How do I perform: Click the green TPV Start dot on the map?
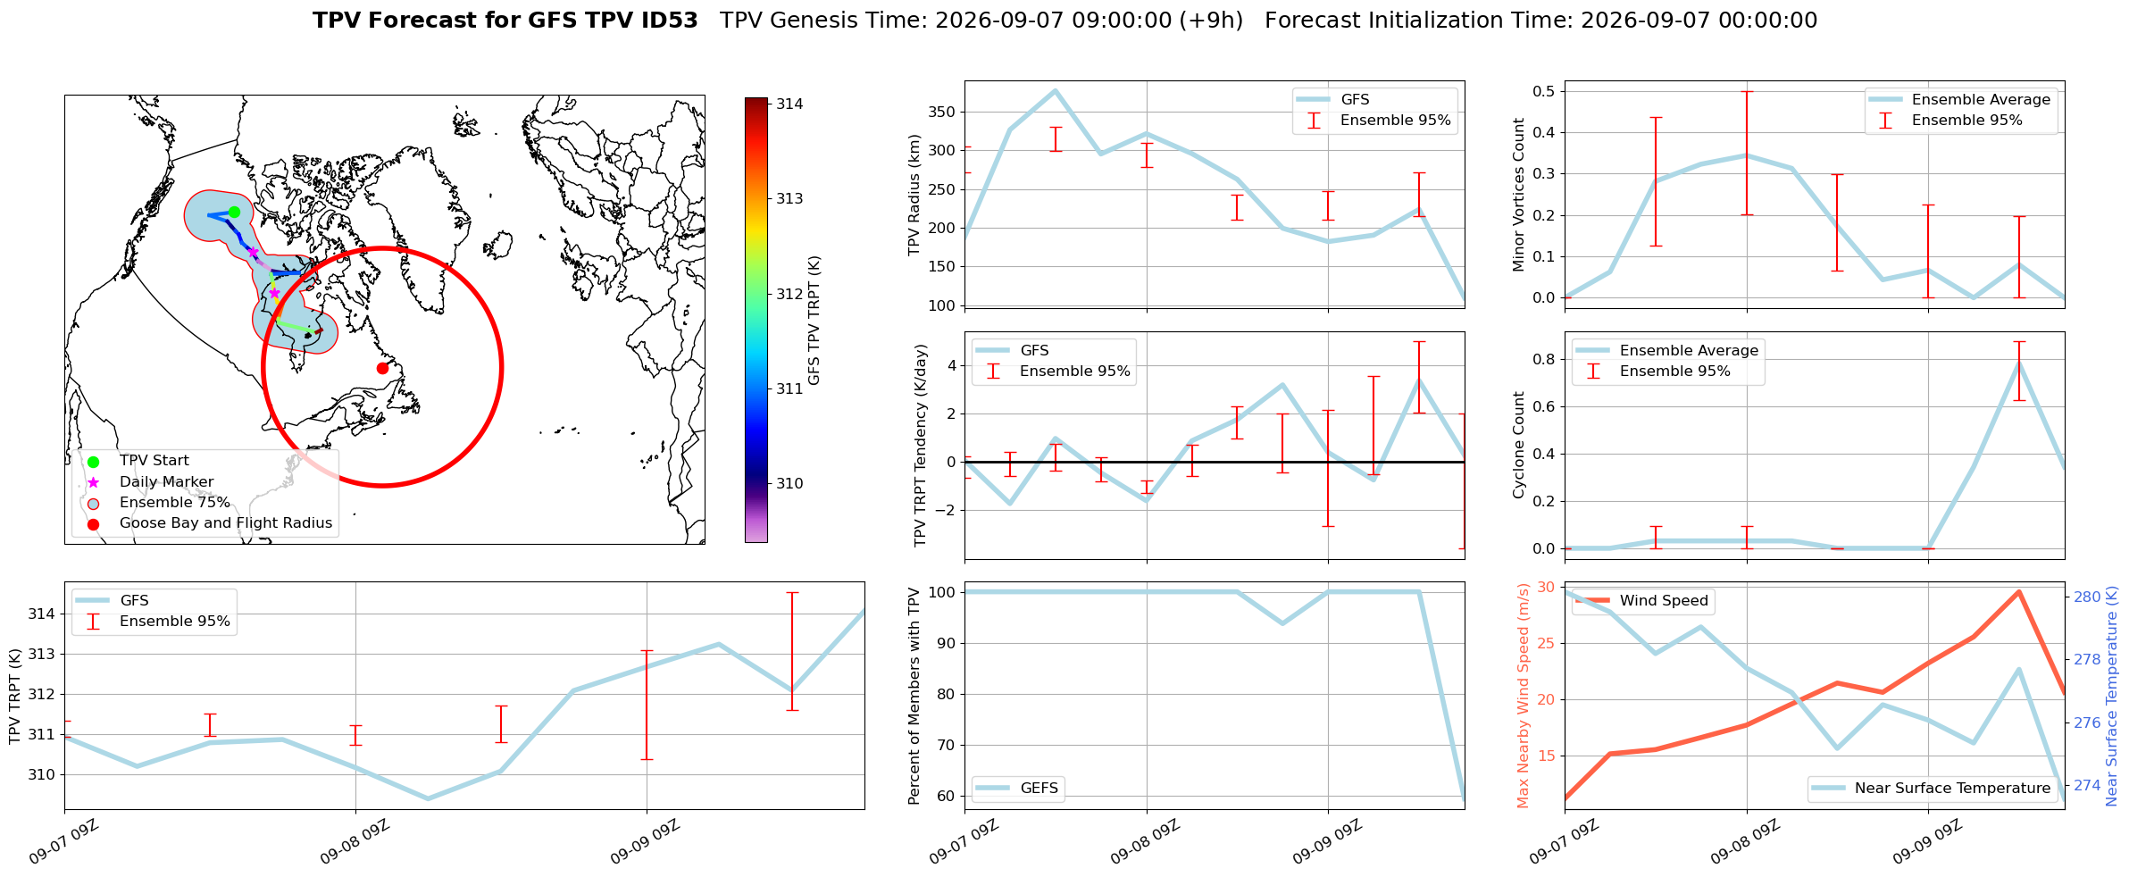tap(234, 212)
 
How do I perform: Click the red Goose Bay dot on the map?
tap(382, 368)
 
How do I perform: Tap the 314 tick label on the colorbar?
tap(789, 104)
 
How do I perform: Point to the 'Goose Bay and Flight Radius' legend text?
tap(226, 523)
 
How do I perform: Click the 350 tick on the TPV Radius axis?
tap(943, 113)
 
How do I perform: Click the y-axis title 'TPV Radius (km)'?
tap(914, 195)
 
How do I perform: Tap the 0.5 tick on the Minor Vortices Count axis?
tap(1543, 91)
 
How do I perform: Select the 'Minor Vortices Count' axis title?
tap(1519, 195)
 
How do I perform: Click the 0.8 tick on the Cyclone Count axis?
tap(1543, 359)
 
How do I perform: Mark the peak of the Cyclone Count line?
tap(2019, 362)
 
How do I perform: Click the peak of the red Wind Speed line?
tap(2019, 591)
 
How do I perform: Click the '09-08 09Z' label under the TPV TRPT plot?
tap(355, 841)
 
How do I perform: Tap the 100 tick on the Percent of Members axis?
tap(943, 592)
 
